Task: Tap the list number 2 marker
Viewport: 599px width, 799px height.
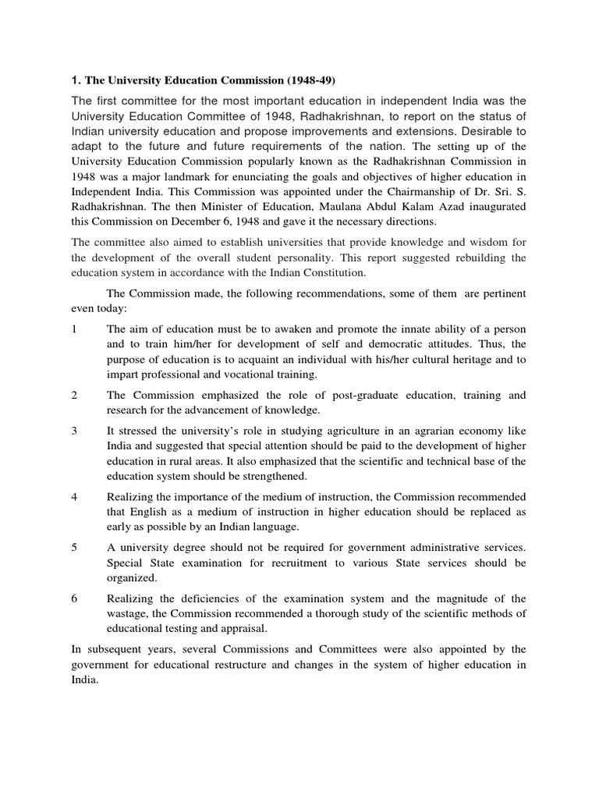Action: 74,396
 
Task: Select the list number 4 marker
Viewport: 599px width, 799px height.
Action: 74,497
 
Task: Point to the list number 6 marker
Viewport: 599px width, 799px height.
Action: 74,598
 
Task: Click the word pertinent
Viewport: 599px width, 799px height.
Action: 497,293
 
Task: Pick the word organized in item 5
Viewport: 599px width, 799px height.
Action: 132,578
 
